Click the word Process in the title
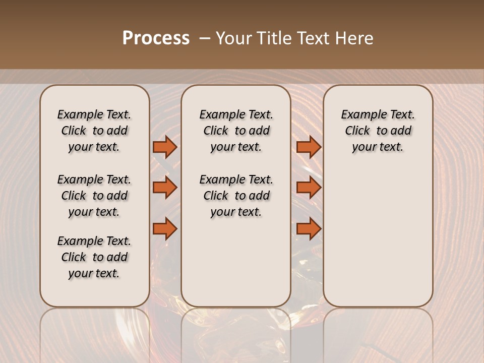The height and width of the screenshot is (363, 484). click(x=156, y=38)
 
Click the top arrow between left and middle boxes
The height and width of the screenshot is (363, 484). click(x=165, y=147)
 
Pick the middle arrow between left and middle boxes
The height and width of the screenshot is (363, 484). click(x=165, y=188)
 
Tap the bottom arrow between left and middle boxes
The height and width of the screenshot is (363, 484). click(x=165, y=229)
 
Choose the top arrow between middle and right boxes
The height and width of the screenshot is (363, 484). click(x=309, y=147)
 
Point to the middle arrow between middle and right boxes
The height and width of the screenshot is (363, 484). click(x=309, y=188)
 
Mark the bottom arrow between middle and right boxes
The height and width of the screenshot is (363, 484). click(x=309, y=229)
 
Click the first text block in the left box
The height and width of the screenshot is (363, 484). click(x=94, y=131)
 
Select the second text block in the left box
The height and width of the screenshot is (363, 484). click(x=94, y=196)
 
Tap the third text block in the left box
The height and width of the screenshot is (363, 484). click(x=94, y=257)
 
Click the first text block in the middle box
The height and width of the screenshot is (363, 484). click(x=236, y=131)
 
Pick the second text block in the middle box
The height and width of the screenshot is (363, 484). click(x=236, y=196)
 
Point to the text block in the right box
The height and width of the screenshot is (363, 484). click(x=378, y=131)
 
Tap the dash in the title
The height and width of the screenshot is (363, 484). click(x=205, y=38)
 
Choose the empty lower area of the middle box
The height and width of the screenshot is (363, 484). click(x=236, y=262)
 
